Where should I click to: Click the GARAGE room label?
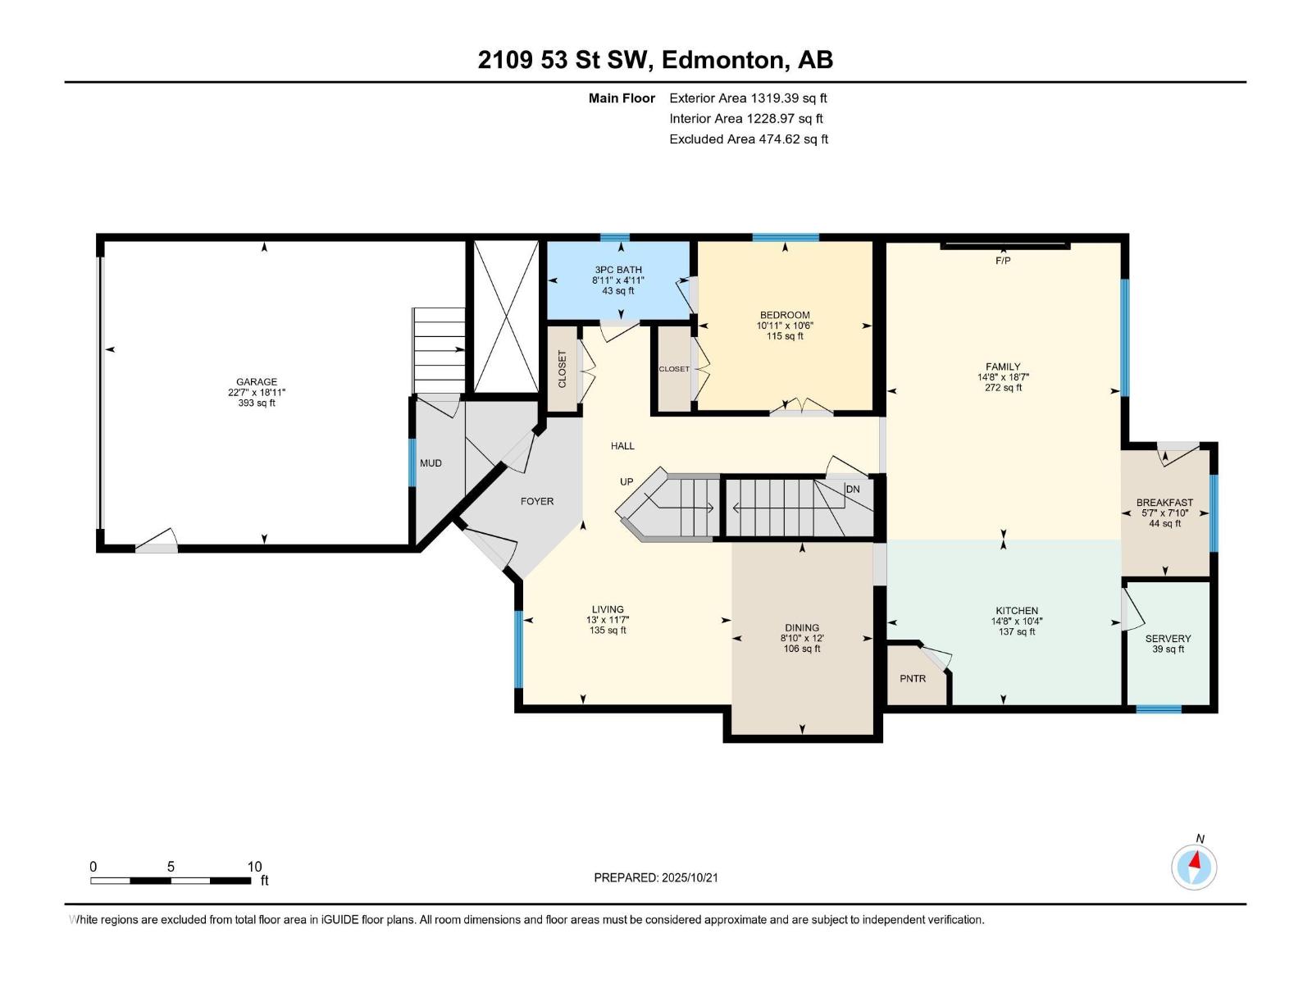click(x=257, y=382)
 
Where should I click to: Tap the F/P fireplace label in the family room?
click(x=1003, y=261)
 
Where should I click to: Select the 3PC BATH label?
click(x=618, y=270)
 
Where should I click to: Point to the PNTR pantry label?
click(x=913, y=679)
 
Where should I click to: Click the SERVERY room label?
click(x=1168, y=639)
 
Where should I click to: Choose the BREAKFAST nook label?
click(x=1164, y=503)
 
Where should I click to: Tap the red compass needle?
click(x=1196, y=861)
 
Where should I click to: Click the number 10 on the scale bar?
click(x=255, y=867)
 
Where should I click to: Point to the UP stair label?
click(x=626, y=482)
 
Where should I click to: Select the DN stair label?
click(x=853, y=490)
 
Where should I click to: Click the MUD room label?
click(x=431, y=463)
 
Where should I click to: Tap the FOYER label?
click(x=537, y=502)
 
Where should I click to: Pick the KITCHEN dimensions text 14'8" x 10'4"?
click(x=1017, y=622)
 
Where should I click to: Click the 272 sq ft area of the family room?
click(x=1003, y=388)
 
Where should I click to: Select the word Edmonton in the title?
click(x=722, y=60)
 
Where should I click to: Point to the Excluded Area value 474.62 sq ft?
click(x=793, y=139)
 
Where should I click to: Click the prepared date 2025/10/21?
click(x=690, y=877)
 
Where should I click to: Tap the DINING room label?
click(x=801, y=628)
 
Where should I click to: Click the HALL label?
click(x=622, y=446)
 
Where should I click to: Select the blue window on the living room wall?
click(x=518, y=649)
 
